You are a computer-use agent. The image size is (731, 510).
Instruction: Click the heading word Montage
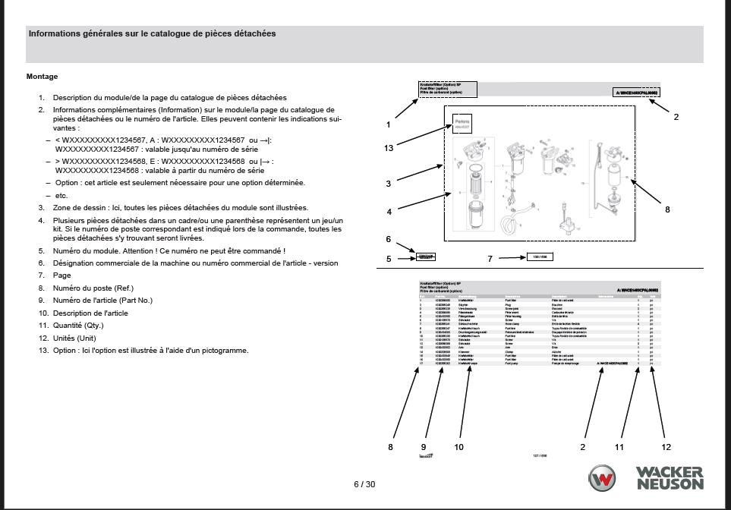click(x=42, y=77)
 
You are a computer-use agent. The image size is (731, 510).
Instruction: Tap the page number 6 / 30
click(x=364, y=484)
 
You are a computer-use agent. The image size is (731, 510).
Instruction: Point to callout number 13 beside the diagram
click(x=389, y=148)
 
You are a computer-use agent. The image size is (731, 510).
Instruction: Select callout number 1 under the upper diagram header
click(x=388, y=124)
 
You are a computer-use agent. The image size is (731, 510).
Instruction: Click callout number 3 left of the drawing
click(x=388, y=184)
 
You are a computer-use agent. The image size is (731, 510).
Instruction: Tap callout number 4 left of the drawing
click(x=388, y=212)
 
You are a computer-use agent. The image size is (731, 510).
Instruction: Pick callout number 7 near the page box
click(x=490, y=259)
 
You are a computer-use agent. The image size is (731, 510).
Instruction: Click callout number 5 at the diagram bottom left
click(x=388, y=259)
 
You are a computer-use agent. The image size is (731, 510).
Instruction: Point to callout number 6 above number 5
click(x=388, y=240)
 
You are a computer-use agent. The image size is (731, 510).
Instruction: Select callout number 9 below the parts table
click(x=424, y=447)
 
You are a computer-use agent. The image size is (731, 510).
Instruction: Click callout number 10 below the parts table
click(x=458, y=447)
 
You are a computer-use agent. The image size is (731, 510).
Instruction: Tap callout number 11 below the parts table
click(x=619, y=447)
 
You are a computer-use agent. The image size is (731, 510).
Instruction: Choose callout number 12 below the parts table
click(x=666, y=447)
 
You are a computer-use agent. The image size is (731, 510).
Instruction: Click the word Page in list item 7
click(x=61, y=275)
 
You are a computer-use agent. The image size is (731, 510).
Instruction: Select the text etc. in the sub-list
click(x=61, y=196)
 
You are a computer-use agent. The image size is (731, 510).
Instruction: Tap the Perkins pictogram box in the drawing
click(x=462, y=121)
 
